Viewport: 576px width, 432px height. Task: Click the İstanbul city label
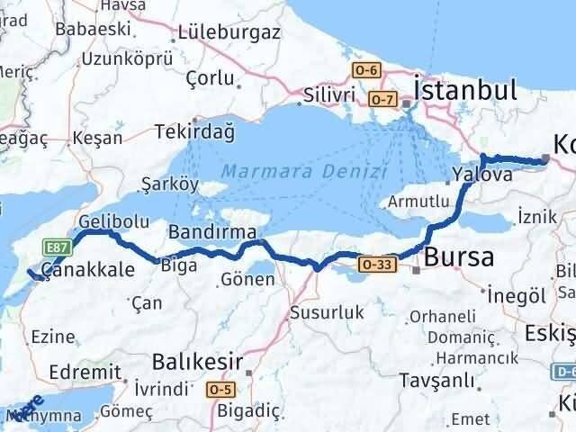[x=464, y=90]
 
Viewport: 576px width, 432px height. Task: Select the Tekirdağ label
[x=194, y=132]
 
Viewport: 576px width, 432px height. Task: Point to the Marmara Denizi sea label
[x=304, y=170]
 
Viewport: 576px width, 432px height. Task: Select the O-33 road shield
[x=374, y=265]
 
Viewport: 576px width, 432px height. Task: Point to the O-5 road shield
[x=222, y=389]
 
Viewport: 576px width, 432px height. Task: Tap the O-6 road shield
[x=367, y=69]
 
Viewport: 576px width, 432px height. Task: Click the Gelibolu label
[x=108, y=220]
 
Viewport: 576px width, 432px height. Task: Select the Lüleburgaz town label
[x=229, y=32]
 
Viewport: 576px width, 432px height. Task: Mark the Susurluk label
[x=327, y=312]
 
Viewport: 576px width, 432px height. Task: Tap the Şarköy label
[x=170, y=183]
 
